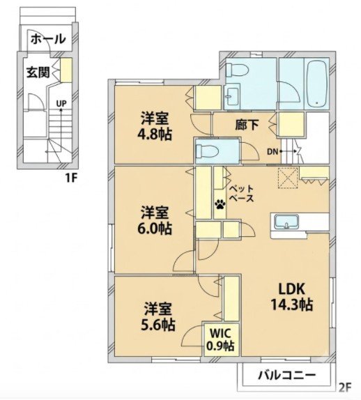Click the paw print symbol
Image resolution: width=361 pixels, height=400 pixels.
pos(220,204)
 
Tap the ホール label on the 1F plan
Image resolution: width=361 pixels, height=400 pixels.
pos(48,39)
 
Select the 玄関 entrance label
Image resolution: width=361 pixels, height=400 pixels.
pos(38,72)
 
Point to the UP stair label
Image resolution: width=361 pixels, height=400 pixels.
pos(61,103)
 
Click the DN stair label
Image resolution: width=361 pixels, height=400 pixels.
pos(272,152)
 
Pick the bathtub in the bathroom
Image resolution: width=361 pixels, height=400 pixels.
pos(317,84)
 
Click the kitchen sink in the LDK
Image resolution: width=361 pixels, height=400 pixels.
pos(286,222)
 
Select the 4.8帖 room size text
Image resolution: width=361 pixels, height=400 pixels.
pos(155,134)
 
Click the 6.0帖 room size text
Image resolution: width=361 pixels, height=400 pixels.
pos(155,229)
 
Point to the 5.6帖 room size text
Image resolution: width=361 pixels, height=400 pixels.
pos(158,325)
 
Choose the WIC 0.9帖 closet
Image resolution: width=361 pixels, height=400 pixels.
pos(220,339)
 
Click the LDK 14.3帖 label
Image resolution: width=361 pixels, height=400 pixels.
pos(291,296)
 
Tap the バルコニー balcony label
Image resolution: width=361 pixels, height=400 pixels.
pos(286,375)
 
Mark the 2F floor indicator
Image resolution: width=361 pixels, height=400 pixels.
pos(345,388)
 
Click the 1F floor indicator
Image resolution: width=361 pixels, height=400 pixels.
pos(71,178)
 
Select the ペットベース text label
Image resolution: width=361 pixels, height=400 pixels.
pos(241,193)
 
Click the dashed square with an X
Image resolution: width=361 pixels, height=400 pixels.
pos(288,178)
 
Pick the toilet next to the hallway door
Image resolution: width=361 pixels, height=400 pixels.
pos(207,151)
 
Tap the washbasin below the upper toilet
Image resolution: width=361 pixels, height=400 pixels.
pos(231,96)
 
